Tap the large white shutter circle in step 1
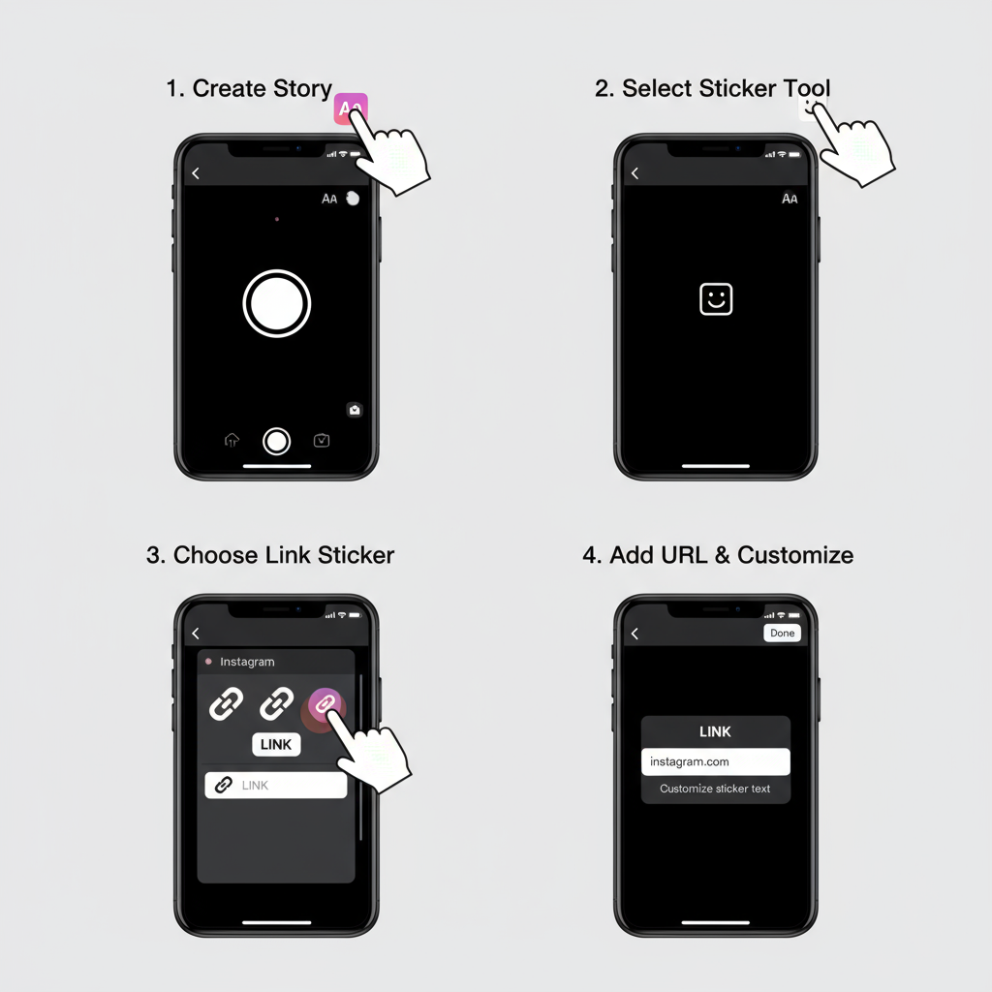pos(276,303)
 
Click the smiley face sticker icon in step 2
pos(716,298)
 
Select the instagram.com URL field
pos(716,761)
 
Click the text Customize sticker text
pos(715,789)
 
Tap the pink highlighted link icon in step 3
pos(325,703)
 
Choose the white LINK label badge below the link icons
pos(276,745)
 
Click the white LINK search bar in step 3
pos(276,785)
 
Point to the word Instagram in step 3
pos(247,662)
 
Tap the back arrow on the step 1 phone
pos(196,173)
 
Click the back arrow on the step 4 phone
pos(635,634)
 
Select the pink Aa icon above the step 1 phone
pos(350,108)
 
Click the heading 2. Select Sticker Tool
pos(712,88)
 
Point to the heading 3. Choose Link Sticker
pos(270,555)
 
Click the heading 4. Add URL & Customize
pos(718,555)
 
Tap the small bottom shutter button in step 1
pos(276,442)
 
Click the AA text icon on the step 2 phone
pos(790,199)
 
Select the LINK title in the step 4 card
pos(716,732)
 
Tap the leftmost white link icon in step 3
pos(226,703)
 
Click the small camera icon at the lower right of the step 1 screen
pos(355,410)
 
